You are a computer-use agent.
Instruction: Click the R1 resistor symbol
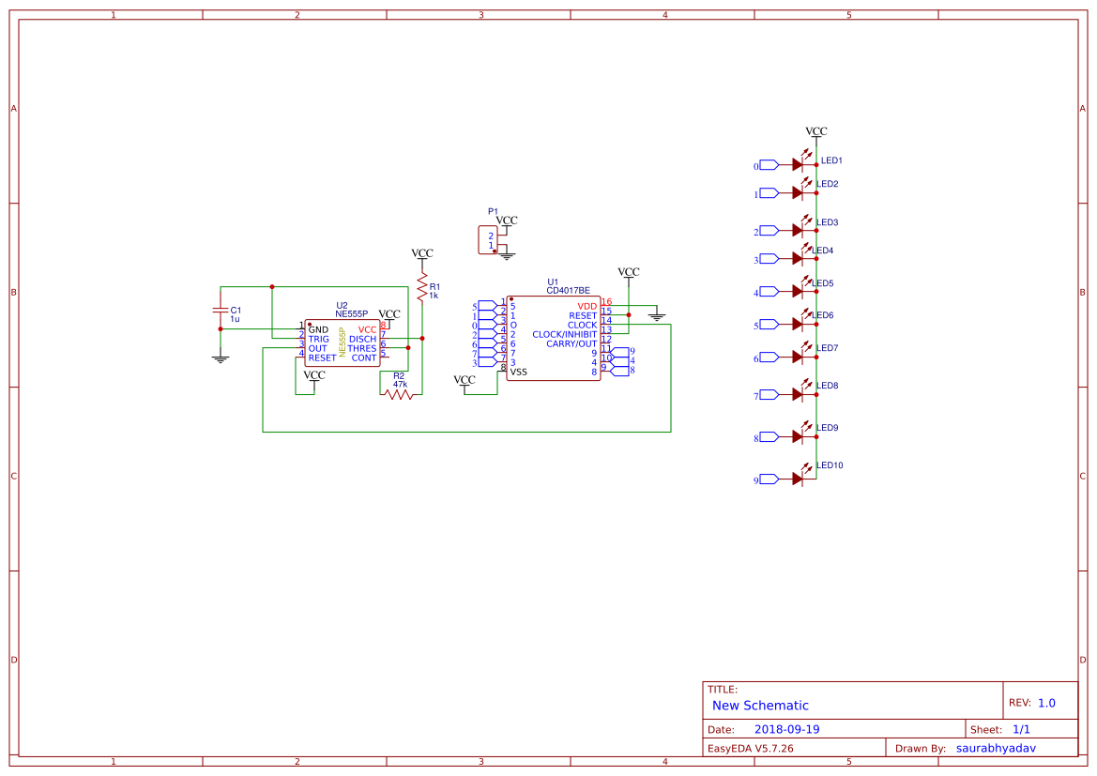pyautogui.click(x=422, y=287)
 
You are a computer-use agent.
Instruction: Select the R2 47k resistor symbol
pyautogui.click(x=399, y=395)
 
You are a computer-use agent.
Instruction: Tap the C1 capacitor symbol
pyautogui.click(x=221, y=310)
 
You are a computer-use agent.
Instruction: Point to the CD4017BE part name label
pyautogui.click(x=568, y=291)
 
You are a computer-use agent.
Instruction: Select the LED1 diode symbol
pyautogui.click(x=799, y=164)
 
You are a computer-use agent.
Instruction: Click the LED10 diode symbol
pyautogui.click(x=799, y=479)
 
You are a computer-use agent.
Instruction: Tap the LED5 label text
pyautogui.click(x=823, y=283)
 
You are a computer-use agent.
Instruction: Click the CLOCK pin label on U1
pyautogui.click(x=582, y=325)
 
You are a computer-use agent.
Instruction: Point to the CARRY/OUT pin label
pyautogui.click(x=571, y=343)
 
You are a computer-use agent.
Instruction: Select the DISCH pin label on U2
pyautogui.click(x=362, y=340)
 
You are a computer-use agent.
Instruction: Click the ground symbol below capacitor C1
pyautogui.click(x=221, y=358)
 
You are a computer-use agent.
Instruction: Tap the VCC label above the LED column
pyautogui.click(x=816, y=132)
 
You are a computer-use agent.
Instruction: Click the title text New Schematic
pyautogui.click(x=760, y=706)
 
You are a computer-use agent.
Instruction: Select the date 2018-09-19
pyautogui.click(x=787, y=729)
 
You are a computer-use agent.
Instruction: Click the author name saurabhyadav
pyautogui.click(x=1001, y=748)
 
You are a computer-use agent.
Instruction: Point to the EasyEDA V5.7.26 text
pyautogui.click(x=750, y=749)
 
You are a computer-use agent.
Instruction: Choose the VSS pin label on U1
pyautogui.click(x=518, y=373)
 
